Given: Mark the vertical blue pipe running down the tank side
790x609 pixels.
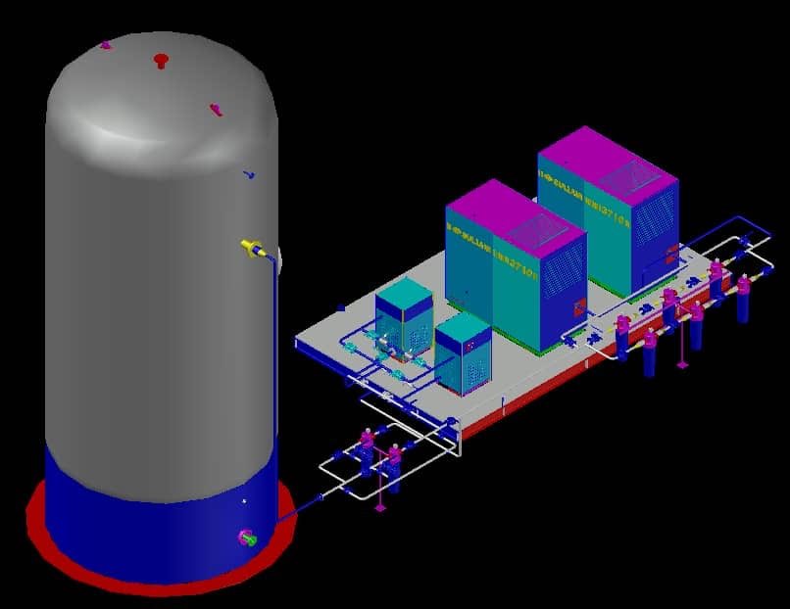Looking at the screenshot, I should click(274, 372).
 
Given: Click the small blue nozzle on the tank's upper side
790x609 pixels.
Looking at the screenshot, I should click(250, 176).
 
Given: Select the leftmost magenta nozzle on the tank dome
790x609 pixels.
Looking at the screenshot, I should click(106, 44).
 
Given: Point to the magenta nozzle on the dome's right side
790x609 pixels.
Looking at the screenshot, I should click(216, 109).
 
